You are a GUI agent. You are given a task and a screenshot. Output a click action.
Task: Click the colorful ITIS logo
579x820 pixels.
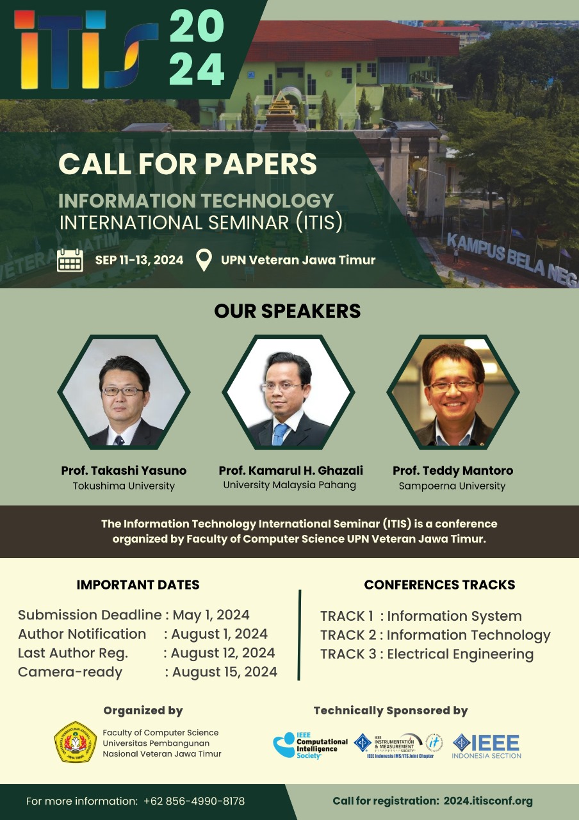[86, 50]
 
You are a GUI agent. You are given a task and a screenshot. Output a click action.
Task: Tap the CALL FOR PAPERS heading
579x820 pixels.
[188, 163]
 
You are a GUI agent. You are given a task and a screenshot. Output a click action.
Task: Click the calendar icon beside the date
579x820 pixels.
[70, 260]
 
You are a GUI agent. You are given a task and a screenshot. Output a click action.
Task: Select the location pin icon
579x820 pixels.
[204, 260]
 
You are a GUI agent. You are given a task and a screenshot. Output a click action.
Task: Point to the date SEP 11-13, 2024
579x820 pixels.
[139, 260]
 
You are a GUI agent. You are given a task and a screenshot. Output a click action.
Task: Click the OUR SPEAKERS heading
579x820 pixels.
[288, 311]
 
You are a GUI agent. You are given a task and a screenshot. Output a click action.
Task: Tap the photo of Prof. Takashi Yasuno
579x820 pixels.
[124, 391]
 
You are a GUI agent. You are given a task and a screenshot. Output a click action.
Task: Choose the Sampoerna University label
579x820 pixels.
[452, 486]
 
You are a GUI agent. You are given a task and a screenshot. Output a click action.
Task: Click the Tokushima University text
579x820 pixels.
[124, 486]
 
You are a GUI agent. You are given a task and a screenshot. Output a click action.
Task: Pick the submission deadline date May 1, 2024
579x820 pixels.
[211, 615]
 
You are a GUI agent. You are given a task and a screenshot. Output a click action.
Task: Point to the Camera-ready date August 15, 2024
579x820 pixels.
[224, 672]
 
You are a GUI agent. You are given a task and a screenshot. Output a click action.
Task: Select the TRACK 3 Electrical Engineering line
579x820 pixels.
[427, 654]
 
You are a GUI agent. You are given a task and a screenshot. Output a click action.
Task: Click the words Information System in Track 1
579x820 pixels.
[454, 616]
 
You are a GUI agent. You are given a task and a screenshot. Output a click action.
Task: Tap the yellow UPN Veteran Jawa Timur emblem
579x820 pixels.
[75, 742]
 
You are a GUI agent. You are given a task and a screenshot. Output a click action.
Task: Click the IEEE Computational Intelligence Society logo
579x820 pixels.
[311, 744]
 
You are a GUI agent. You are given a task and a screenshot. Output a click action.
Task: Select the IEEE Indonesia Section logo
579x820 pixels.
[487, 745]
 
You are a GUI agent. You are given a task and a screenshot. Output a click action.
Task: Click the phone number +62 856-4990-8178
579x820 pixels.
[194, 801]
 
